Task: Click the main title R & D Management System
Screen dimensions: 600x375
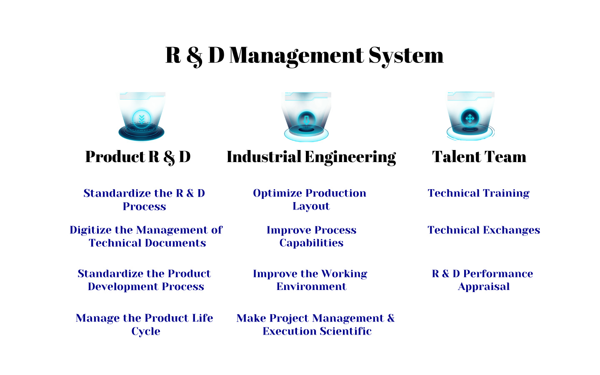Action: click(305, 56)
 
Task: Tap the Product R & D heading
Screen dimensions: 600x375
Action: click(137, 157)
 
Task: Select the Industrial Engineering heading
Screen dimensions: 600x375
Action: click(311, 157)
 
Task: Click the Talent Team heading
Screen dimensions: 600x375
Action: click(479, 157)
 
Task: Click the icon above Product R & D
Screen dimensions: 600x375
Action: click(142, 117)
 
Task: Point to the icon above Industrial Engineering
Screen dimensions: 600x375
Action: click(306, 117)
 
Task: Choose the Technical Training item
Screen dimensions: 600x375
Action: click(479, 193)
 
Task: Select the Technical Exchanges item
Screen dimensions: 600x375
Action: click(484, 230)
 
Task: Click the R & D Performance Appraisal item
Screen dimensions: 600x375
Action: click(482, 280)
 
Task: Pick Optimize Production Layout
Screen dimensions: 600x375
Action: click(310, 200)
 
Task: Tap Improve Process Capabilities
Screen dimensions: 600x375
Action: click(312, 237)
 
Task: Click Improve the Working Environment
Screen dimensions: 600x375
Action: click(310, 280)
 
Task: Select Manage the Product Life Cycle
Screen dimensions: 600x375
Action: click(144, 325)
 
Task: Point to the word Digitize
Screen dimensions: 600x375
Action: click(90, 230)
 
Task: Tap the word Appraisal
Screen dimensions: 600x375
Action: click(484, 287)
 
